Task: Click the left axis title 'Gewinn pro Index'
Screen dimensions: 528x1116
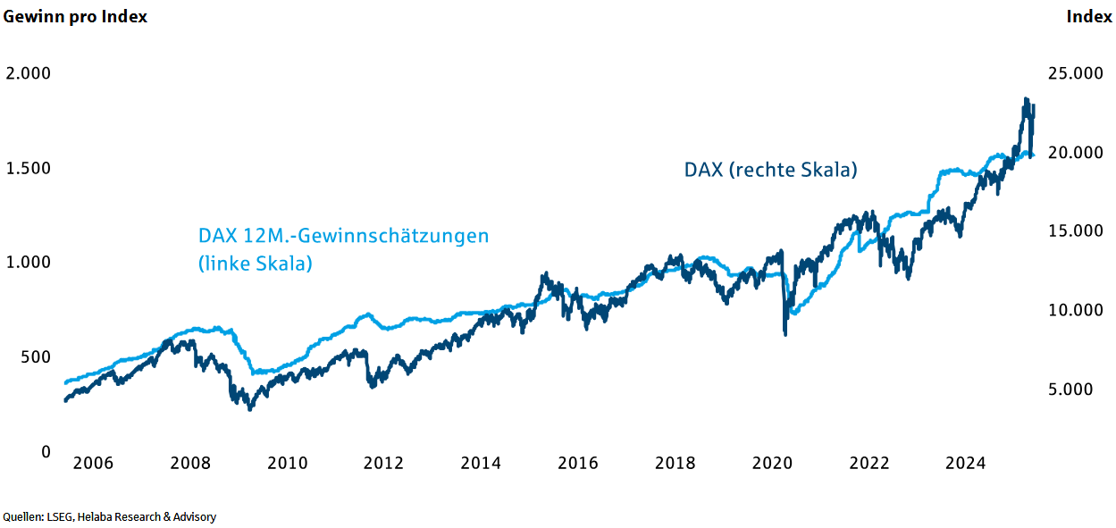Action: tap(75, 17)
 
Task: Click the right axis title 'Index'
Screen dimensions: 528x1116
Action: tap(1089, 17)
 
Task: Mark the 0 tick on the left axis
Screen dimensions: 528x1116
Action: tap(46, 452)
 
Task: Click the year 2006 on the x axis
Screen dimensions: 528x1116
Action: tap(93, 464)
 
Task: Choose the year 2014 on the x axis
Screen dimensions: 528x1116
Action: tap(481, 464)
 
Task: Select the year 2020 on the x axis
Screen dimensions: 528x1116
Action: tap(772, 464)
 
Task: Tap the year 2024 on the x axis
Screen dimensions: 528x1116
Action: tap(966, 464)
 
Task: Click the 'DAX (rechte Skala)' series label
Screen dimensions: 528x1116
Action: tap(770, 170)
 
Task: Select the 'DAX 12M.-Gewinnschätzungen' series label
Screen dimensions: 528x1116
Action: tap(343, 237)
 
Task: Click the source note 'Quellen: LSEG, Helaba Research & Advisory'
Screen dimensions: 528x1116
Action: tap(109, 517)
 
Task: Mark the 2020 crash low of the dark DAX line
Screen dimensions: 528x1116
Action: tap(785, 333)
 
